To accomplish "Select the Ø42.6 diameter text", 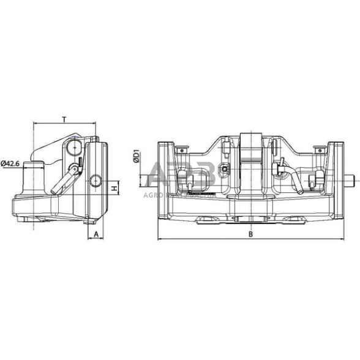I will point(12,163).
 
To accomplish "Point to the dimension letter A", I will point(97,233).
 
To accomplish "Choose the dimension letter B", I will point(250,233).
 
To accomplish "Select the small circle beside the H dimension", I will point(96,181).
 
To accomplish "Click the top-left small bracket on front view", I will point(181,149).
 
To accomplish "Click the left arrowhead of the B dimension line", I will point(160,238).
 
